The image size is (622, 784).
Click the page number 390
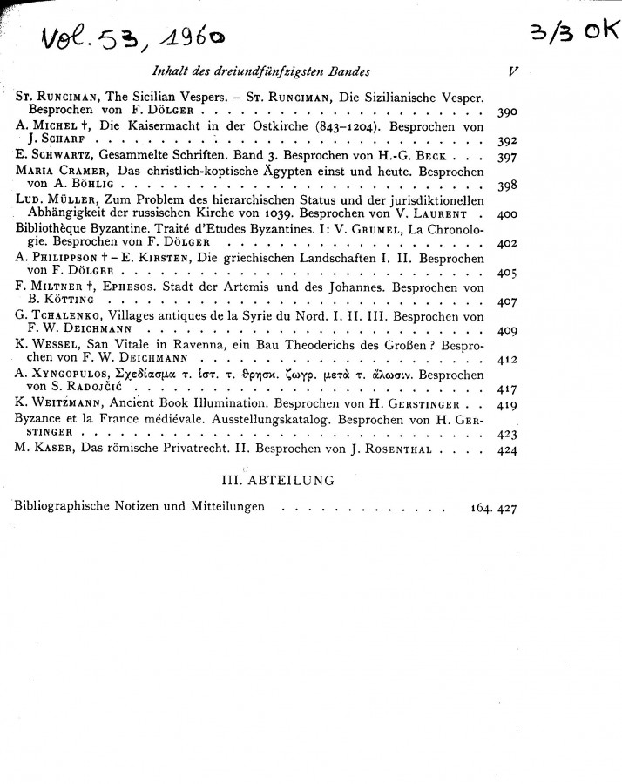pyautogui.click(x=506, y=113)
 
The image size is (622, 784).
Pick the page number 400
pyautogui.click(x=507, y=213)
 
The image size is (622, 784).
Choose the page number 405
pyautogui.click(x=507, y=273)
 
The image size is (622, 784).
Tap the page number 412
pyautogui.click(x=507, y=360)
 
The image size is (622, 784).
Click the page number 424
pyautogui.click(x=506, y=450)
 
